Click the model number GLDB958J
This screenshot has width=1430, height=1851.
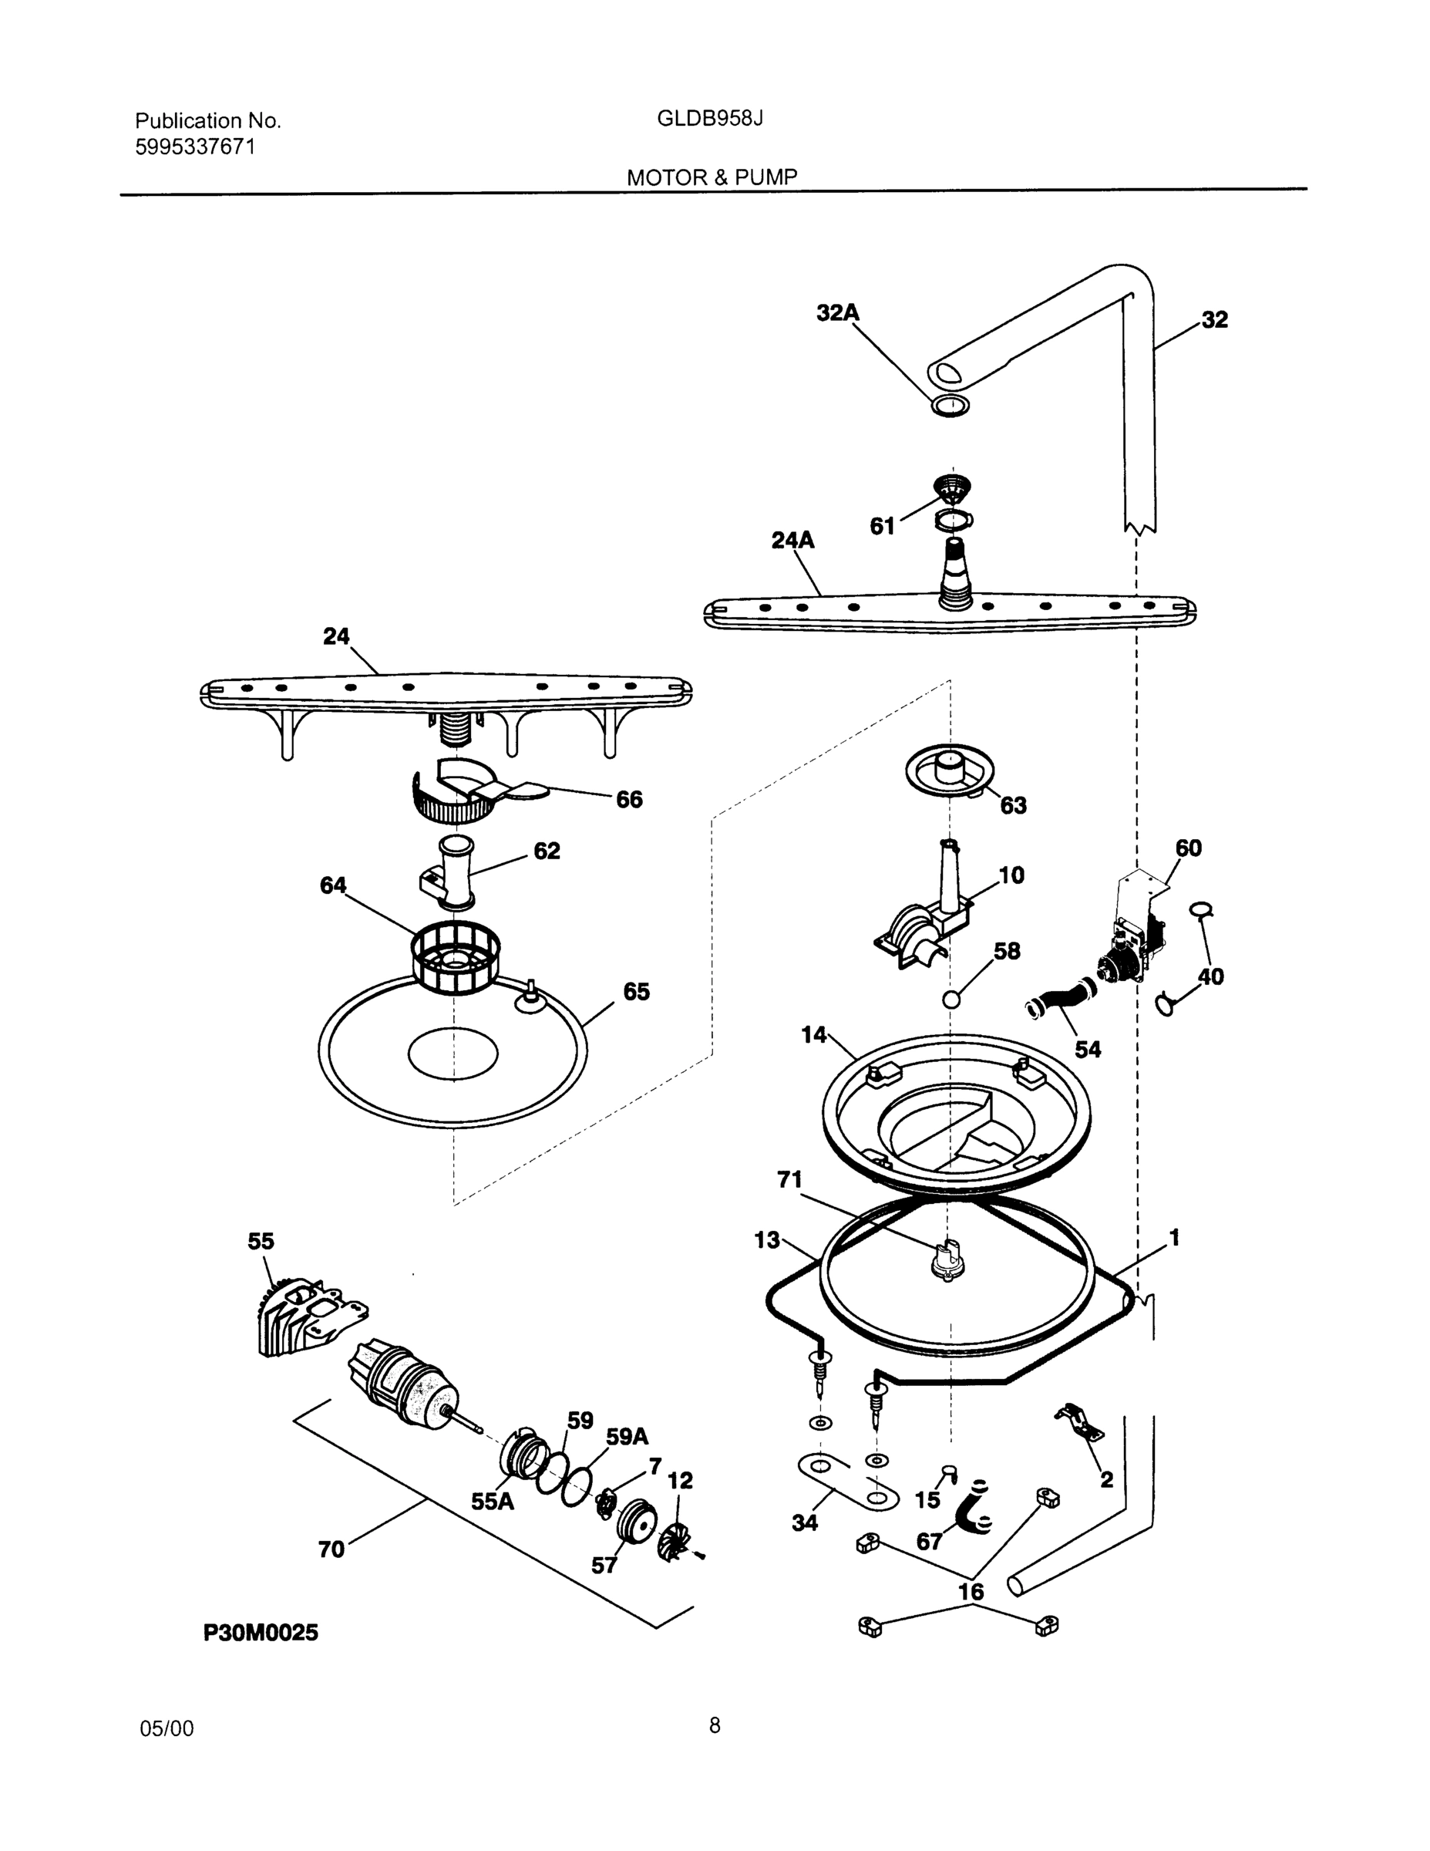[710, 119]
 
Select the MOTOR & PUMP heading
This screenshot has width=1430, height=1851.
[712, 177]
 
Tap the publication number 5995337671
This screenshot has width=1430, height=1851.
[195, 147]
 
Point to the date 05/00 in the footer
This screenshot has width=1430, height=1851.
[166, 1729]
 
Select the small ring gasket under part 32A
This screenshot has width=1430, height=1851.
[950, 405]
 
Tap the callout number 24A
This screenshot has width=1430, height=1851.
[792, 540]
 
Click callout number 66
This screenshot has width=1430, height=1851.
[628, 799]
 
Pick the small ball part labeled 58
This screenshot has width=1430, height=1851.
[951, 1000]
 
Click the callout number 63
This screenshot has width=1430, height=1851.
[1013, 805]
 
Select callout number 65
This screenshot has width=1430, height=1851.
[636, 992]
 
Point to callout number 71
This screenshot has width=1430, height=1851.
[789, 1180]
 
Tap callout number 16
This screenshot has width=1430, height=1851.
[971, 1592]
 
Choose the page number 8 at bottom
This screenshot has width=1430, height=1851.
[714, 1725]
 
